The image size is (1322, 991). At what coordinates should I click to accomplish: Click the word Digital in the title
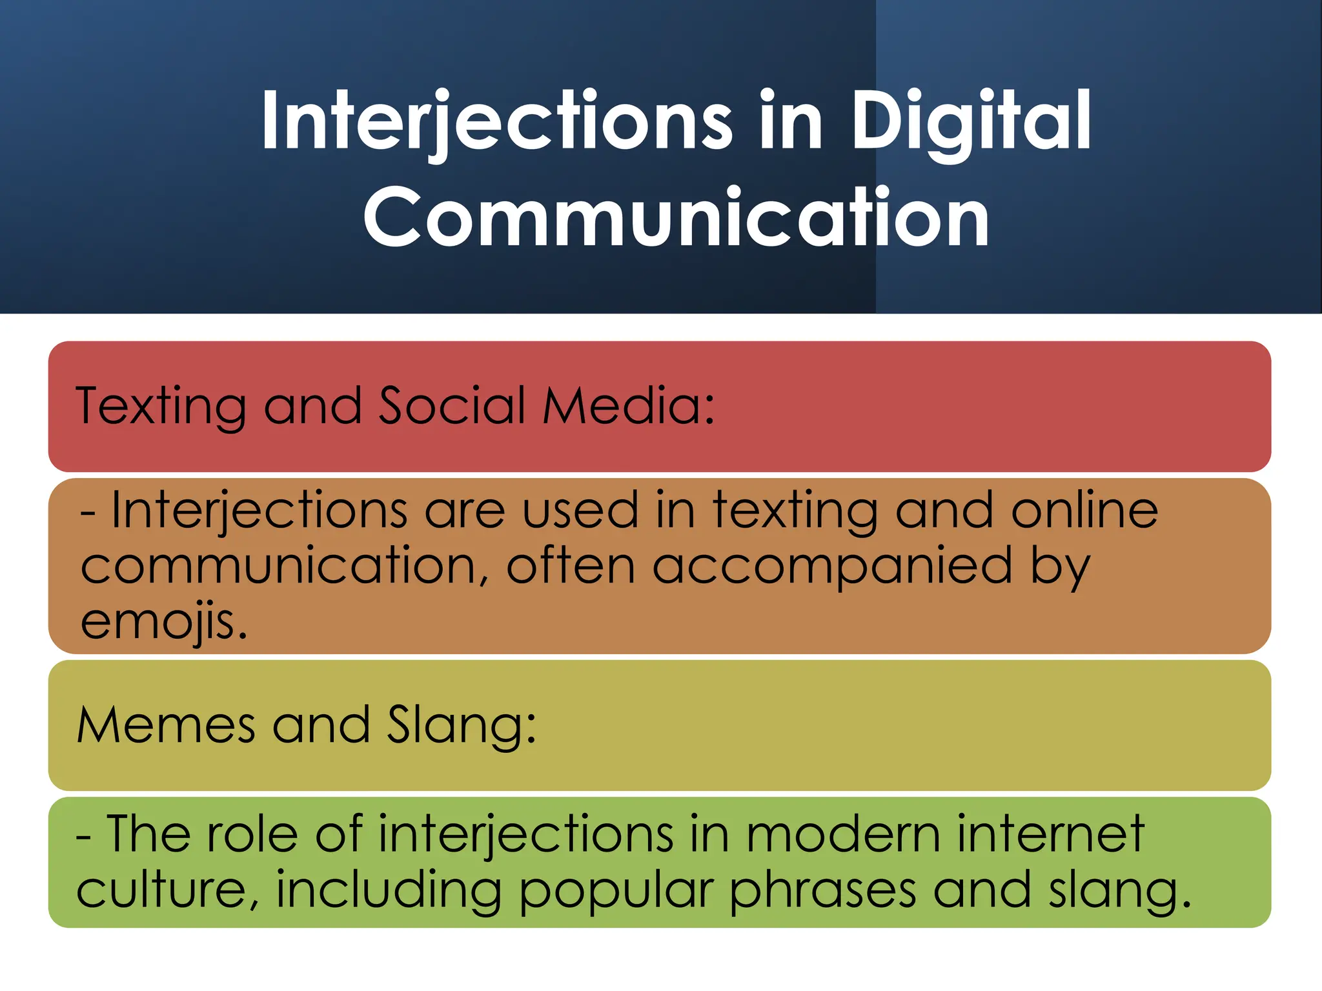(971, 121)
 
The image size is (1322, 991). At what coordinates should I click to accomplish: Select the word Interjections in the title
(496, 121)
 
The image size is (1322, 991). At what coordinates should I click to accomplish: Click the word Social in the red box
(453, 406)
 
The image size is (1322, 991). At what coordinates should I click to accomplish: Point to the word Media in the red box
(628, 406)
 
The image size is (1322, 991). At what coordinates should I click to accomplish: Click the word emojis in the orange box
(164, 621)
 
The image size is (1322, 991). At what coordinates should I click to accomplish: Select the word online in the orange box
(1084, 510)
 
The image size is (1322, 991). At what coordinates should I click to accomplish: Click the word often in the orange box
(571, 566)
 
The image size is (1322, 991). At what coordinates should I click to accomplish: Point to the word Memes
(166, 725)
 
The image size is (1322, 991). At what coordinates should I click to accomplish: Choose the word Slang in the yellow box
(461, 725)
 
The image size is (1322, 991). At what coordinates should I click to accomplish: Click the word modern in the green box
(843, 834)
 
